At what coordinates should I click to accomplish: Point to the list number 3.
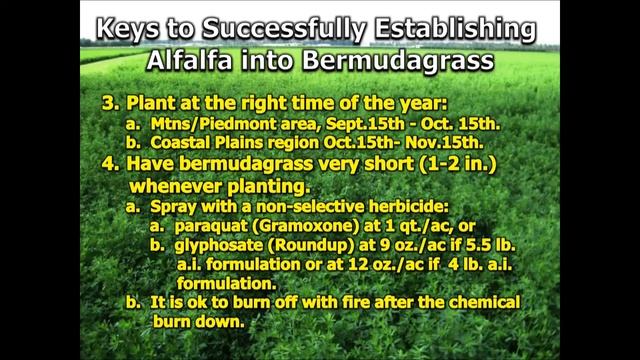(x=107, y=103)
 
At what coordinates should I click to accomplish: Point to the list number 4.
(x=107, y=165)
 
